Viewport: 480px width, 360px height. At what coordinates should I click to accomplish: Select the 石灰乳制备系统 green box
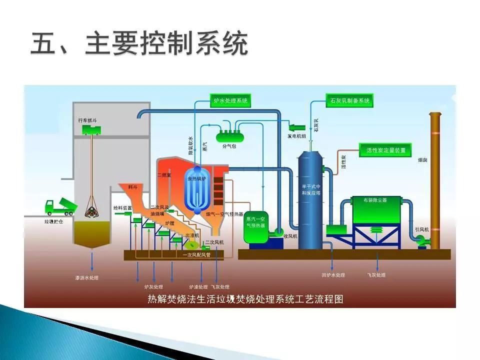(349, 101)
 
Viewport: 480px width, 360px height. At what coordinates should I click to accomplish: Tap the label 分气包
(228, 147)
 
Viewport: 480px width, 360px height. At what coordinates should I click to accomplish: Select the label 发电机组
(296, 135)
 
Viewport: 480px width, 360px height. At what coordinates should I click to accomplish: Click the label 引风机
(421, 229)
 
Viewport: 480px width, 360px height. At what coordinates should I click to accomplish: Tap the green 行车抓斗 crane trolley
(90, 130)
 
